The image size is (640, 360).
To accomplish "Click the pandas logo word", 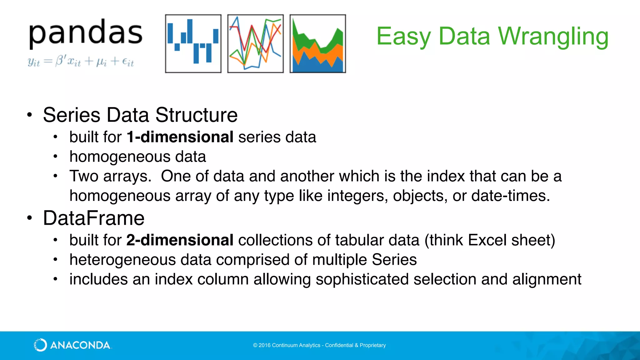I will pos(86,34).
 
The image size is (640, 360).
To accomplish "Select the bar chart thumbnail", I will pos(193,43).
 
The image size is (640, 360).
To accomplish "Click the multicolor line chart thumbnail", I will pos(255,43).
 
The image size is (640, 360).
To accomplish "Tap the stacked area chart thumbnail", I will pos(317,43).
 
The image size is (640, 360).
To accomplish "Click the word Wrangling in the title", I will pos(553,37).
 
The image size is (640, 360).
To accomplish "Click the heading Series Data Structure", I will pos(140,115).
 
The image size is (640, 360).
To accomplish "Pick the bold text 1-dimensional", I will pos(180,137).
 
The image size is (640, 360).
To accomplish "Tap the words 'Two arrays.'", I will pos(110,176).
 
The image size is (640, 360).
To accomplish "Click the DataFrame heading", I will pos(94,218).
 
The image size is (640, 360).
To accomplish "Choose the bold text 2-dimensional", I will pos(180,240).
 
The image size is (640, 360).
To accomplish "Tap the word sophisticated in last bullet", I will pos(362,279).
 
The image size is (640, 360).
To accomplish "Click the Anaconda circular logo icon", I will pos(40,345).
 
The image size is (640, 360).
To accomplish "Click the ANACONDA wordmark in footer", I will pos(80,345).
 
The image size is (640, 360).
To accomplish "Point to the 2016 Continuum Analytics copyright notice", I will pos(319,345).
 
